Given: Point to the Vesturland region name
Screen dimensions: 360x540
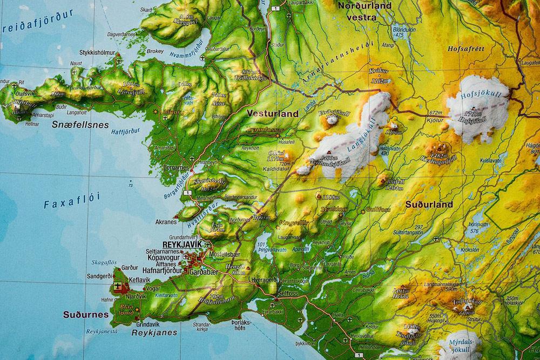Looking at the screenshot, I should [x=272, y=114].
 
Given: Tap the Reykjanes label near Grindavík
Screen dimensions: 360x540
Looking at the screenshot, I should [x=154, y=333].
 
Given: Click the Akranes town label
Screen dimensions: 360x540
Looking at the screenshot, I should [x=166, y=222].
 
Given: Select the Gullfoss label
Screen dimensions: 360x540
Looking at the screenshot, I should [x=377, y=209].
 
